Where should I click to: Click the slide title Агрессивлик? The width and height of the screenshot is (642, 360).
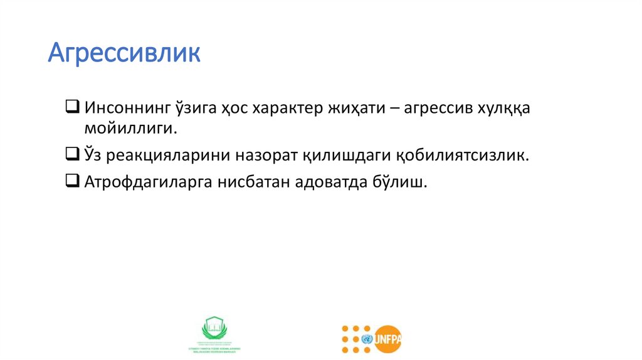[124, 53]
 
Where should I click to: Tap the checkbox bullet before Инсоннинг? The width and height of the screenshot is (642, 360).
[71, 106]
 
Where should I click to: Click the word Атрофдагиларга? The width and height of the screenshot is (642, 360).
[147, 183]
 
